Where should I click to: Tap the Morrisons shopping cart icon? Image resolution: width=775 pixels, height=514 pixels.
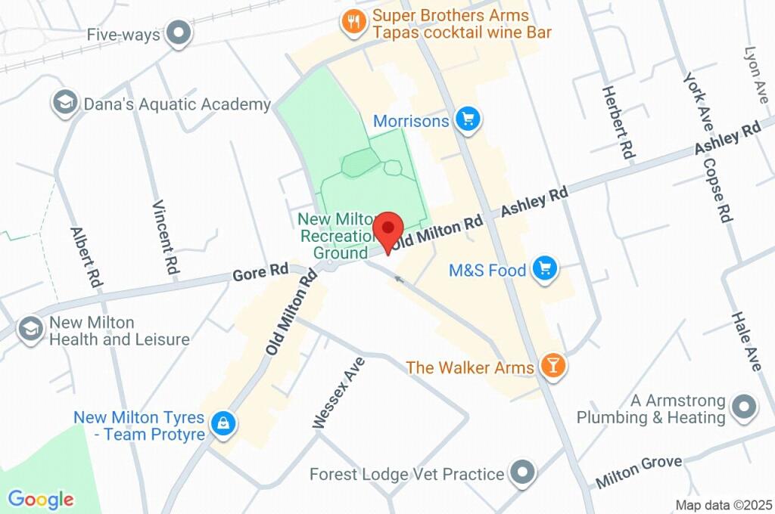click(469, 119)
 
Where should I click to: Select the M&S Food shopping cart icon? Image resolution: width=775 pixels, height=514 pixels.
click(544, 268)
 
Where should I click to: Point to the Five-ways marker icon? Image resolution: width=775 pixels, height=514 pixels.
click(179, 33)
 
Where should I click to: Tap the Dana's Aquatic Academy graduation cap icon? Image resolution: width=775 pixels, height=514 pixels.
click(65, 103)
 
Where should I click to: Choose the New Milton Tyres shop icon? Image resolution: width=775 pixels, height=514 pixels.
click(224, 424)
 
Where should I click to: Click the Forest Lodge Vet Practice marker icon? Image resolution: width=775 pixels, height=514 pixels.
click(522, 473)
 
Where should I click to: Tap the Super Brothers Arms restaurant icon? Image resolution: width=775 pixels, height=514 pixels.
click(353, 22)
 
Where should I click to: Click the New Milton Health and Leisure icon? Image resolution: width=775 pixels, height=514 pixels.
click(31, 330)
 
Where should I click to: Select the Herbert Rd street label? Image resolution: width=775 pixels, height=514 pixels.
click(618, 122)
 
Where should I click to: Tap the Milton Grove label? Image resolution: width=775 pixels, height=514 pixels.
click(639, 471)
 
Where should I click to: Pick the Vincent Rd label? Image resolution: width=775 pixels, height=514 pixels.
click(166, 237)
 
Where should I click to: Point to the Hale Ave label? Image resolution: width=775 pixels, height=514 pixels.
click(745, 341)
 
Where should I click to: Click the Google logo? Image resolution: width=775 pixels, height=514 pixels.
click(41, 499)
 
